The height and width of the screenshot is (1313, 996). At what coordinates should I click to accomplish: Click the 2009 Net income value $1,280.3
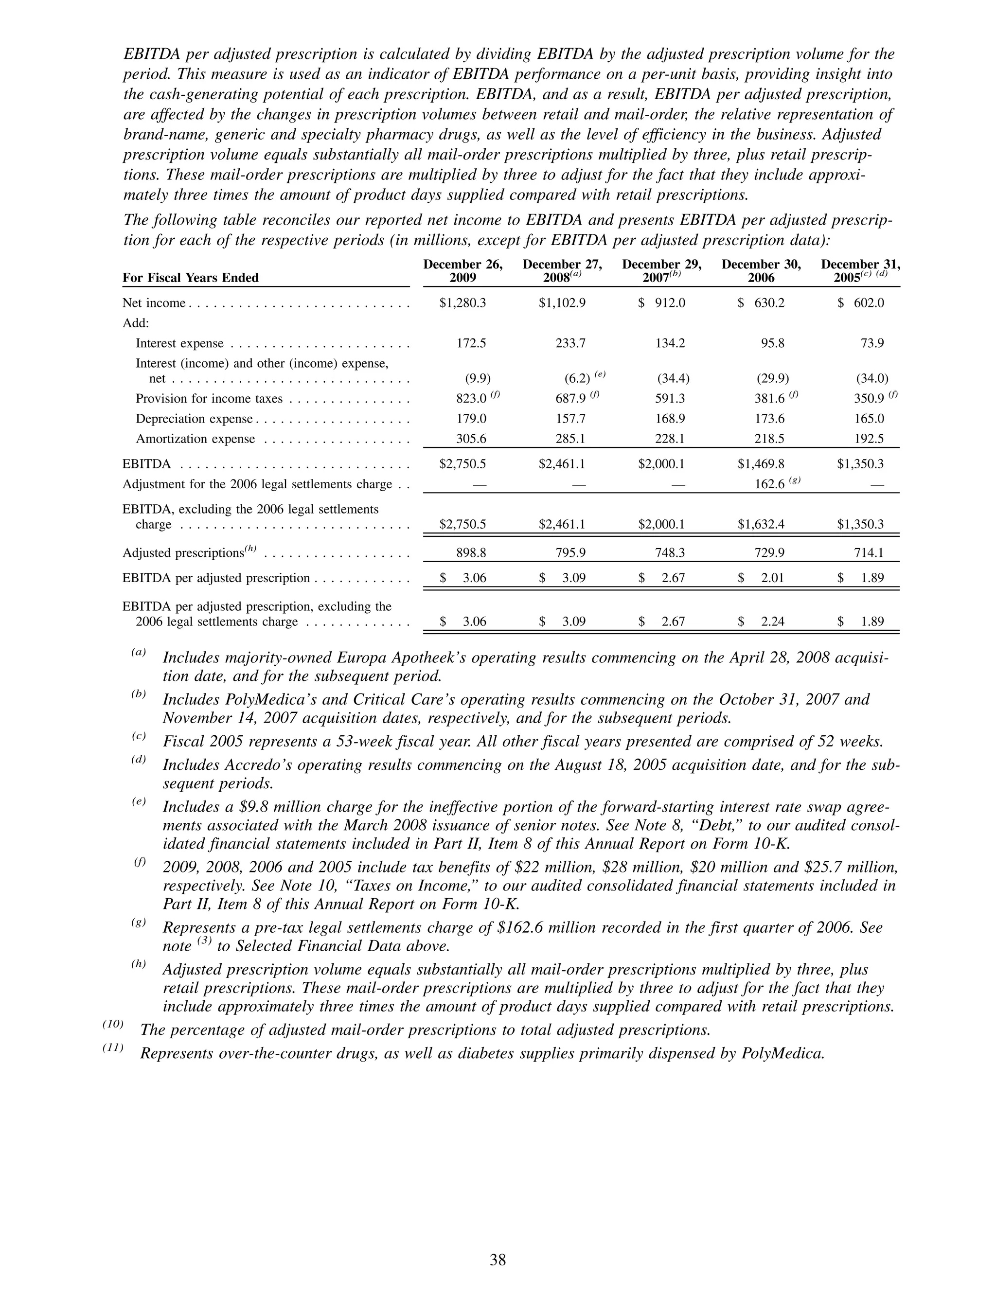click(x=462, y=303)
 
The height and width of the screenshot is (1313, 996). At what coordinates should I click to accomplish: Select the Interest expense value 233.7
click(x=570, y=343)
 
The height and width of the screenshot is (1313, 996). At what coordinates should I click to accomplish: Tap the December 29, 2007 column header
click(x=661, y=271)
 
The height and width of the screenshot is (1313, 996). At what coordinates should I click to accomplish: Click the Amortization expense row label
click(x=196, y=439)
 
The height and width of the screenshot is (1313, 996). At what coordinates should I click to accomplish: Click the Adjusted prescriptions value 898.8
click(x=471, y=552)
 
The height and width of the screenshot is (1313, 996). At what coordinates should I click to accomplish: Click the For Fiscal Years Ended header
click(x=191, y=278)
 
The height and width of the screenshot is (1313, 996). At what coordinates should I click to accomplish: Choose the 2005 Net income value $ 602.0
click(x=861, y=303)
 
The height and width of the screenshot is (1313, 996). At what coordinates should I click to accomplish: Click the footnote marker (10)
click(x=113, y=1025)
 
